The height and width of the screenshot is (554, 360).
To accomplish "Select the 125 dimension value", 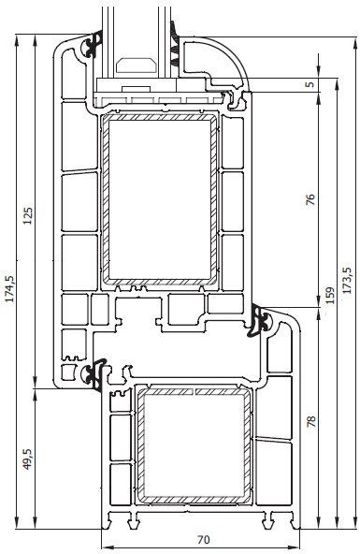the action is (28, 214).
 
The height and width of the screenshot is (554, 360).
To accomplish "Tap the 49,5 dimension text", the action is (28, 459).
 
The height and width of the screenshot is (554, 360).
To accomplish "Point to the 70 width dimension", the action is (203, 540).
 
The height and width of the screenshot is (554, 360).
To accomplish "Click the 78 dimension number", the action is (311, 421).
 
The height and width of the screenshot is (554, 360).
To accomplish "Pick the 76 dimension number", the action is (310, 199).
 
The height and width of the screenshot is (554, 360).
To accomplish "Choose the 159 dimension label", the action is (329, 295).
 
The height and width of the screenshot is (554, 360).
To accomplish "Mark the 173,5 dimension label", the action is (347, 280).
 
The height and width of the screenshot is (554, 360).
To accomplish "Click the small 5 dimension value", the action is (310, 85).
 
